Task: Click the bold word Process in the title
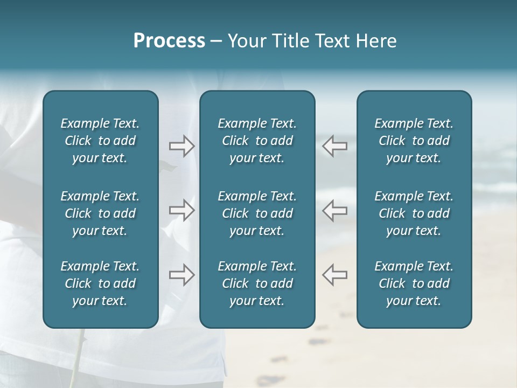coord(169,41)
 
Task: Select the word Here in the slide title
coord(376,41)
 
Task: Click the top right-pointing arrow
coord(181,146)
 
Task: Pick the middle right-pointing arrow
coord(181,210)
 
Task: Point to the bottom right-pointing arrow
coord(181,275)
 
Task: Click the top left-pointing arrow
coord(334,146)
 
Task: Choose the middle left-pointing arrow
coord(334,210)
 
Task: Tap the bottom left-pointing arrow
coord(334,275)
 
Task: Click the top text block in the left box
coord(100,141)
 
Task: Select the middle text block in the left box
coord(100,213)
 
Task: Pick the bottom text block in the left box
coord(100,283)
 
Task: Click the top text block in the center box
coord(257,141)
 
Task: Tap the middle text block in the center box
coord(257,213)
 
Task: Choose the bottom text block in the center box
coord(257,283)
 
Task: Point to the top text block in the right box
coord(414,141)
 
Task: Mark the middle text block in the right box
coord(414,213)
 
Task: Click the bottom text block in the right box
coord(414,283)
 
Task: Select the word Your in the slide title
coord(246,41)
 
